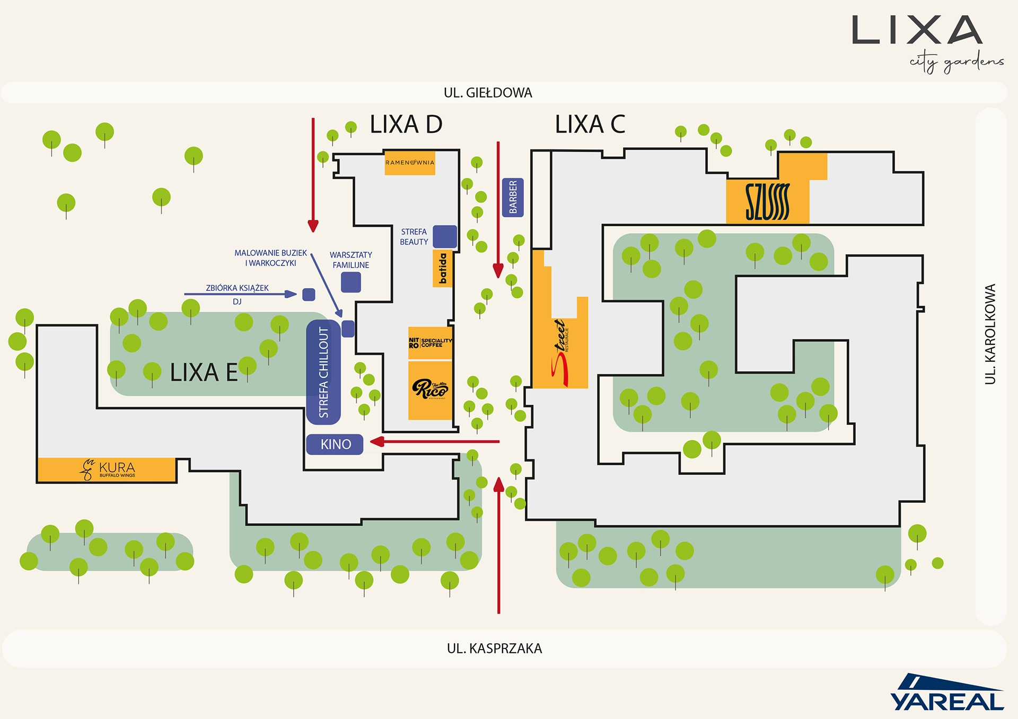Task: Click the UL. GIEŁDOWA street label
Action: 488,93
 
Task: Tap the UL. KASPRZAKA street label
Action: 494,649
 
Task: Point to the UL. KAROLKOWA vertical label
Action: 990,334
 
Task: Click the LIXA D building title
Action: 406,125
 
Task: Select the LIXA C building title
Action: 590,125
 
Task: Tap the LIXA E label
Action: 204,372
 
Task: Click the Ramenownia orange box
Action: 410,163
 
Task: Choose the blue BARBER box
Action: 513,197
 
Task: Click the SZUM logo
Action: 767,202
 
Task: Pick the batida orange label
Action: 443,269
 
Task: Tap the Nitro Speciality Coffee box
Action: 430,343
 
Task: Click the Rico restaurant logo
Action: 430,389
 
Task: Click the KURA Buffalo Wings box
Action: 107,469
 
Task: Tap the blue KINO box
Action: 335,444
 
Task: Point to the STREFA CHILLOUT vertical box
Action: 323,372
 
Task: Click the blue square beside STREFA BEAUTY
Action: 445,236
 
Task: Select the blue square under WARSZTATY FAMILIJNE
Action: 351,282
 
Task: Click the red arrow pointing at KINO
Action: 435,441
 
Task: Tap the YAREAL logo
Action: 947,694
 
